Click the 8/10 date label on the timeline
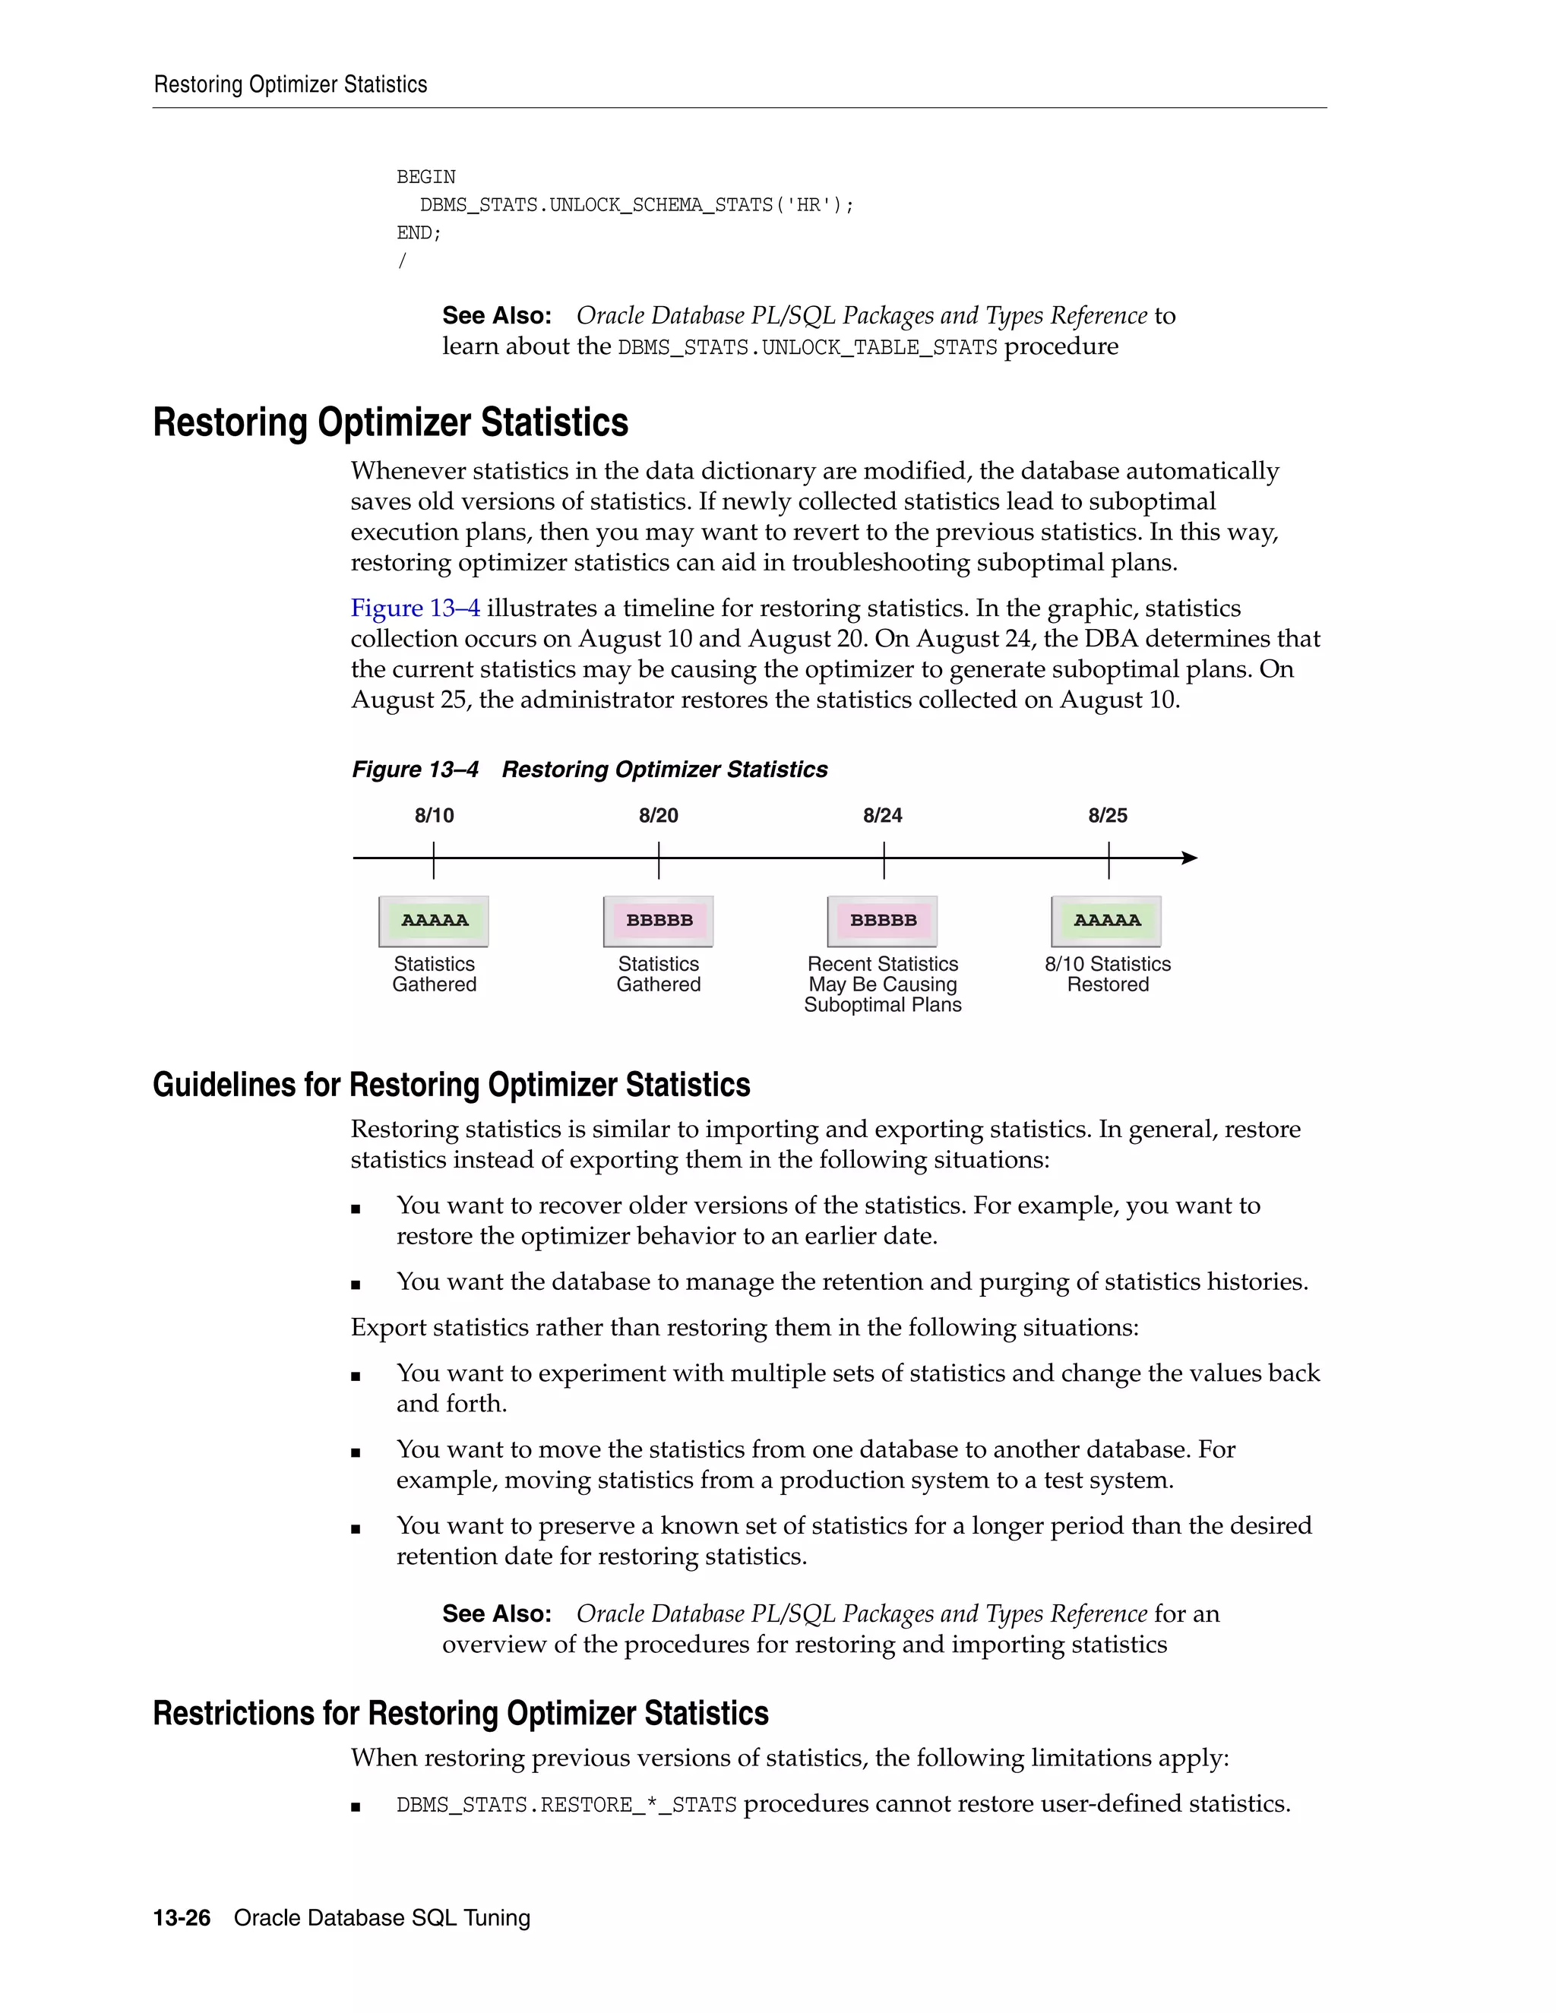[x=434, y=816]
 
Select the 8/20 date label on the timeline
[x=658, y=816]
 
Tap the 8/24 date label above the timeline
[x=882, y=816]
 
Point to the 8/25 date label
[x=1107, y=816]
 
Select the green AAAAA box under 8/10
[x=434, y=921]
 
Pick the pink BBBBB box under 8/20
[x=658, y=921]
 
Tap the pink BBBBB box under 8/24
[x=882, y=921]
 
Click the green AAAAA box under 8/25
[x=1106, y=921]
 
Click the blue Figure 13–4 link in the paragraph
[x=415, y=608]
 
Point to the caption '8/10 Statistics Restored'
[x=1107, y=975]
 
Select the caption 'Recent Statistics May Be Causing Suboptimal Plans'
[x=882, y=984]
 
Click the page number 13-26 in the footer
[x=182, y=1918]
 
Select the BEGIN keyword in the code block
[x=426, y=177]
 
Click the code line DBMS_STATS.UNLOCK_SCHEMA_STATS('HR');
[x=637, y=204]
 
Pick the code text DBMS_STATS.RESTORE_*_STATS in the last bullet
[x=566, y=1805]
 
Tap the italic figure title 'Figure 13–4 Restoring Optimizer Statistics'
[x=589, y=769]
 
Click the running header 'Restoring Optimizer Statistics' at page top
[x=290, y=85]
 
